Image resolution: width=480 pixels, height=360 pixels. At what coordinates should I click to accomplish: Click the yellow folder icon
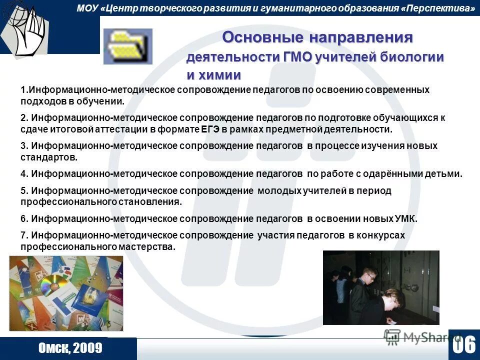coord(127,46)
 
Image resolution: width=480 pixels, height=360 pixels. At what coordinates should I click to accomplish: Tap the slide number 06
coord(464,345)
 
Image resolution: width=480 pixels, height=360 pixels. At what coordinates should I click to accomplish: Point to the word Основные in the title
coord(263,37)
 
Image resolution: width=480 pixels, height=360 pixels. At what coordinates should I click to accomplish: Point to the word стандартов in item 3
coord(48,157)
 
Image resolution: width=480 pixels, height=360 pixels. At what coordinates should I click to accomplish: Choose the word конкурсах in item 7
coord(384,235)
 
